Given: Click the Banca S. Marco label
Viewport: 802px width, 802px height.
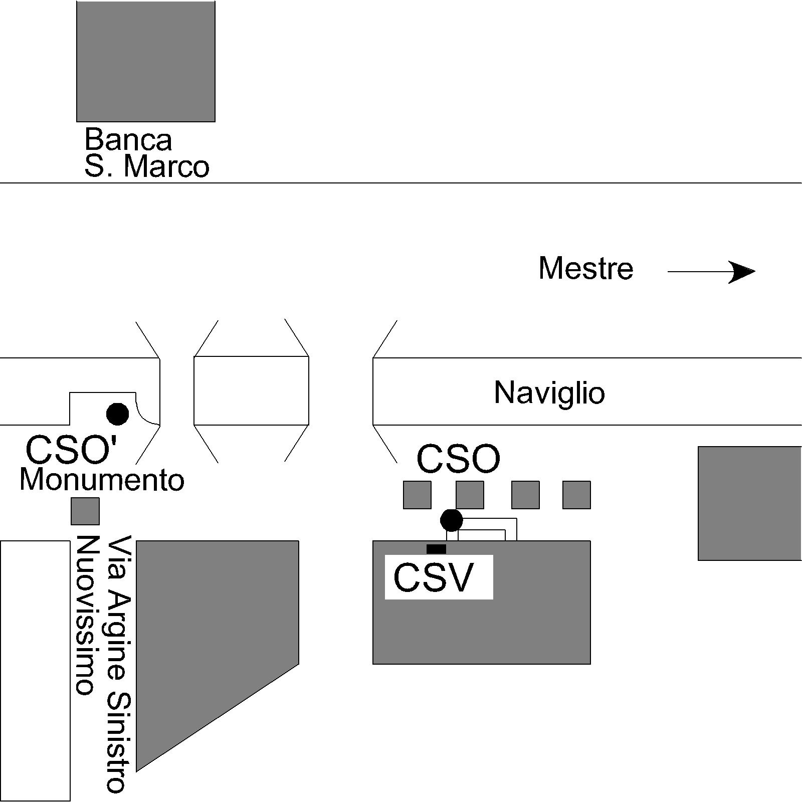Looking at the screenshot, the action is click(x=146, y=153).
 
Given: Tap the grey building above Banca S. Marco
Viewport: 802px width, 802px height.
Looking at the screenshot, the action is click(x=146, y=61).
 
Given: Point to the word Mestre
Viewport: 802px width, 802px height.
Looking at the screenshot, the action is click(x=586, y=268).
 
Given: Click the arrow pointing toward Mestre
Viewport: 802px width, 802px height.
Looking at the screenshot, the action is click(x=711, y=272).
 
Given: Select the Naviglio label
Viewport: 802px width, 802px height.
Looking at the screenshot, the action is click(x=549, y=392).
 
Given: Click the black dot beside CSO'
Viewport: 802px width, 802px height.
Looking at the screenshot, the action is click(x=118, y=414).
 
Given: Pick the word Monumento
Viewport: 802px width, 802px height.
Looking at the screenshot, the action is click(x=102, y=480).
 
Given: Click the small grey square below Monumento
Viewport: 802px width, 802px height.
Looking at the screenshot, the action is click(x=85, y=511).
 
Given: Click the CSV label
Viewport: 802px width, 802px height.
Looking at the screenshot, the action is click(x=434, y=578).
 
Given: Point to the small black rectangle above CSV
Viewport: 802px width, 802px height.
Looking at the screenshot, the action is click(x=436, y=549).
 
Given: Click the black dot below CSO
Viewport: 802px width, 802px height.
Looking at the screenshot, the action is click(x=452, y=520).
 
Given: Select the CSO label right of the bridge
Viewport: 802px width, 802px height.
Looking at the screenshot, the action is click(x=459, y=459).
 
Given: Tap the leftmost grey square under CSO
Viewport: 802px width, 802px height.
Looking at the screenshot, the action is click(x=418, y=495).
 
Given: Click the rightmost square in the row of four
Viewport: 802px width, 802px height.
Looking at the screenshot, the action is click(x=576, y=495).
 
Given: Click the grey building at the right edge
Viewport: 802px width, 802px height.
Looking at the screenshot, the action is click(x=750, y=503).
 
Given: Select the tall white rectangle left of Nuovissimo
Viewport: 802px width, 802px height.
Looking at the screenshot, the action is click(x=35, y=671).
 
